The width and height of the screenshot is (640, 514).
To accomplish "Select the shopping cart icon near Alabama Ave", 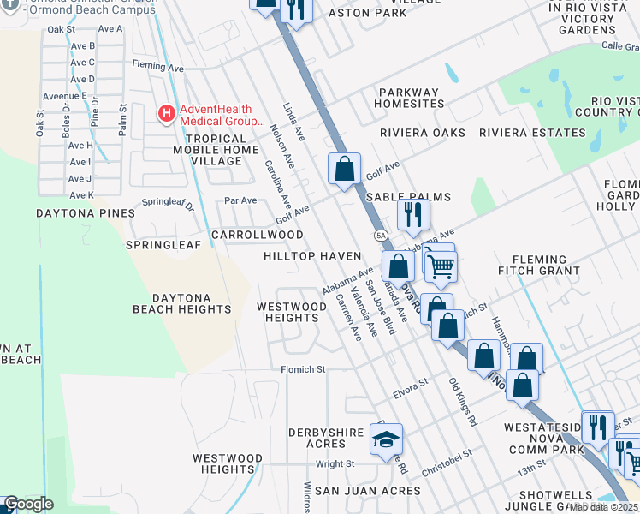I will pos(441,266).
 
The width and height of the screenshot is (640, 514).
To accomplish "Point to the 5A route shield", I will pos(381,234).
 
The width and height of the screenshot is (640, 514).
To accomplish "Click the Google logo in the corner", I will pos(28,504).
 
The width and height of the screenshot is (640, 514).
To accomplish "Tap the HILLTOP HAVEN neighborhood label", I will pos(311,257).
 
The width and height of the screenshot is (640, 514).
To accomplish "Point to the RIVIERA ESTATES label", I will pos(532,133).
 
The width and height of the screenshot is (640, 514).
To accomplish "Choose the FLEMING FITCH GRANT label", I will pos(539,265).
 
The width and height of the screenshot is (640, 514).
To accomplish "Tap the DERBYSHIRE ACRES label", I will pos(329,437).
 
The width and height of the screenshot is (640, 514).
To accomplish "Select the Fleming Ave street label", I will pos(157,65).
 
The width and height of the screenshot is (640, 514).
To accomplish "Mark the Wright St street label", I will pos(335,464).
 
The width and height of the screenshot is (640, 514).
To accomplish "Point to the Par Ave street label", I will pos(240,200).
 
